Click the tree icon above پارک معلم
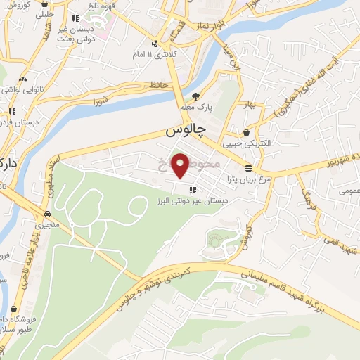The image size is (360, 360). [x=196, y=96]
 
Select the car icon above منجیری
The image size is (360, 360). [x=46, y=214]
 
